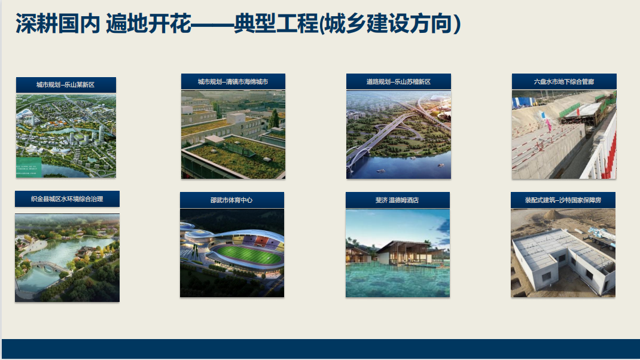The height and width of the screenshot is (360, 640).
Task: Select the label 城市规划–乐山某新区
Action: pyautogui.click(x=65, y=84)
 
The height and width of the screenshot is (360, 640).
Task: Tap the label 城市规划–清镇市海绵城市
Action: pyautogui.click(x=233, y=82)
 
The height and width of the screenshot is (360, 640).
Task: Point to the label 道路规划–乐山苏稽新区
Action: pyautogui.click(x=398, y=82)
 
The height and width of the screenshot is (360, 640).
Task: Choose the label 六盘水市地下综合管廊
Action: pyautogui.click(x=564, y=82)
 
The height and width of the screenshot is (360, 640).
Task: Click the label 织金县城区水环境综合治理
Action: pyautogui.click(x=67, y=199)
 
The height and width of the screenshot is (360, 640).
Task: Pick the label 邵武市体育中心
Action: pyautogui.click(x=231, y=200)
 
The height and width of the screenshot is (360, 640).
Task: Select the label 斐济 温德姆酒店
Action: pyautogui.click(x=397, y=200)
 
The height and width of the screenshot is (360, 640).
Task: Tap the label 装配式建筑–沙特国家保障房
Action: pyautogui.click(x=563, y=200)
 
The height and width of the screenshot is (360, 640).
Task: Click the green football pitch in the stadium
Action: pyautogui.click(x=248, y=255)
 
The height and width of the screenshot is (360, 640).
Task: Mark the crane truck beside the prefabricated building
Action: pyautogui.click(x=599, y=236)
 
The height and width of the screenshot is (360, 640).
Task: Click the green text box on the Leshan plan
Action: pyautogui.click(x=29, y=167)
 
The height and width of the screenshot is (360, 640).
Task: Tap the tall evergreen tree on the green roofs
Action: pyautogui.click(x=274, y=118)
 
